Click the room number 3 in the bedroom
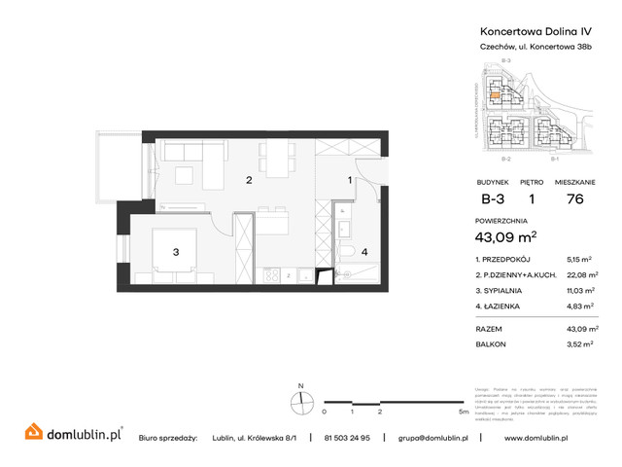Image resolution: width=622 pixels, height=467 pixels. click(176, 252)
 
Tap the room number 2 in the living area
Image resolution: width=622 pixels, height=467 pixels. click(249, 180)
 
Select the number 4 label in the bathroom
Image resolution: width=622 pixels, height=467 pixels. click(364, 253)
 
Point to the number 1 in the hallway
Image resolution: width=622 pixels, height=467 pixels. click(351, 180)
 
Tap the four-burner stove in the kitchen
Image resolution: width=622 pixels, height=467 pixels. click(272, 276)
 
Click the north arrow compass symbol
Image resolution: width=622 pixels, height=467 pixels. click(302, 399)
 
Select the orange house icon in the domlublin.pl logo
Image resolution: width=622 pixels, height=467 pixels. click(32, 430)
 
